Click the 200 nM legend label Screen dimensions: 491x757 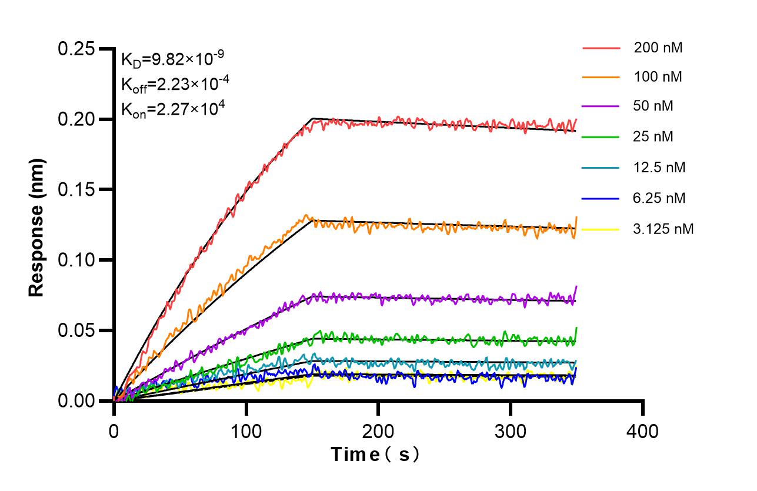coord(658,48)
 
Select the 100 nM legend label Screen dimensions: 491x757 coord(658,76)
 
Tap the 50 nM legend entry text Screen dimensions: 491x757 coord(654,106)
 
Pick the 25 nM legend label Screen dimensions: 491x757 coord(654,137)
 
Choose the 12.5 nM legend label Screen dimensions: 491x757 coord(659,168)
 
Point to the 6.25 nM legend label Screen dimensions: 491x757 coord(659,198)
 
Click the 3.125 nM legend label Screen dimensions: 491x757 coord(663,229)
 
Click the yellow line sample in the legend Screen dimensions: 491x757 coord(601,229)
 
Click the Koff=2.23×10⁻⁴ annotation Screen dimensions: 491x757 coord(175,84)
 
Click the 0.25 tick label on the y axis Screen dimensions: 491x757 coord(76,49)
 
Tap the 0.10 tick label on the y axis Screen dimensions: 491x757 coord(76,260)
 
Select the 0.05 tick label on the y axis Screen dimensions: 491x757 coord(76,330)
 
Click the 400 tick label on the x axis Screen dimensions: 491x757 coord(642,432)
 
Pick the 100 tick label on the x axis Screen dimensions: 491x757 coord(246,432)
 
